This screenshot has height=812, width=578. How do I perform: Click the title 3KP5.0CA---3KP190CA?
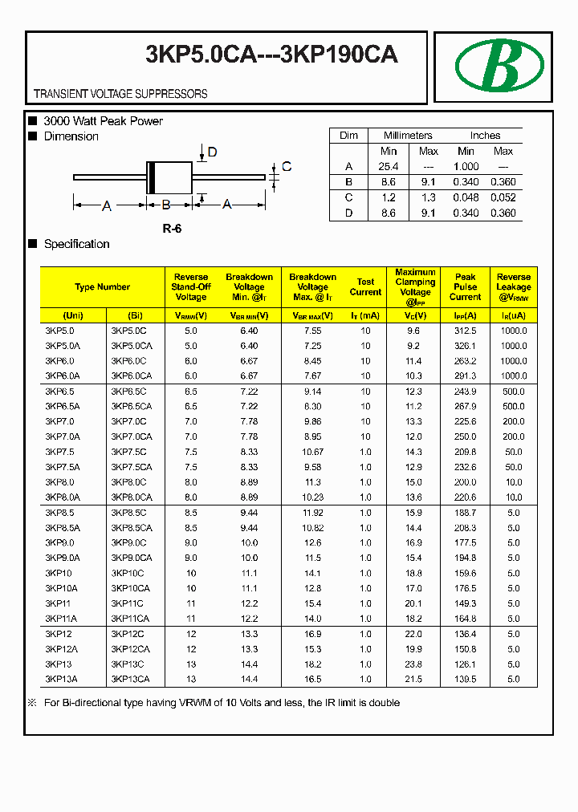pos(271,55)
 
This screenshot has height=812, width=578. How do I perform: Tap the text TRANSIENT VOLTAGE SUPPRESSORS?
pos(120,94)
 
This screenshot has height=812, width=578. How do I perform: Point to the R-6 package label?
pos(172,229)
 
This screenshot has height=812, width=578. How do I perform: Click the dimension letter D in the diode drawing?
pos(213,152)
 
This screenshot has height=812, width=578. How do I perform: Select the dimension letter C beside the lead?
pos(287,167)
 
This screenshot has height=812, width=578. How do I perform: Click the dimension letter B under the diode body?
pos(166,205)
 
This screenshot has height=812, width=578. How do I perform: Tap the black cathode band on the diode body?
pos(150,177)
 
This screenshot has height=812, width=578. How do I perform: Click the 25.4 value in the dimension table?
pos(389,166)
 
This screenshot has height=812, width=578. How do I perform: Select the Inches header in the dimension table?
pos(485,136)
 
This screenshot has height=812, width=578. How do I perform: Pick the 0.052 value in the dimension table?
pos(503,197)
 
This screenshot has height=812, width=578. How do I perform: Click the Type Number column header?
pos(102,287)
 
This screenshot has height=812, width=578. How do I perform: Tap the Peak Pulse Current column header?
pos(465,286)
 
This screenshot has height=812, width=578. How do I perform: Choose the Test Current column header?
pos(365,287)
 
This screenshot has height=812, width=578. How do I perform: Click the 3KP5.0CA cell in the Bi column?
pos(131,346)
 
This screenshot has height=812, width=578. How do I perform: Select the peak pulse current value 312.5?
pos(465,331)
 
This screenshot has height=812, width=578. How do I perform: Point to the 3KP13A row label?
pos(62,680)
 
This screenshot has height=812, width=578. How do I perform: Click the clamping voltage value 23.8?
pos(413,664)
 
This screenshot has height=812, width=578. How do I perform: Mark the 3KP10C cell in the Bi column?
pos(128,574)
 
